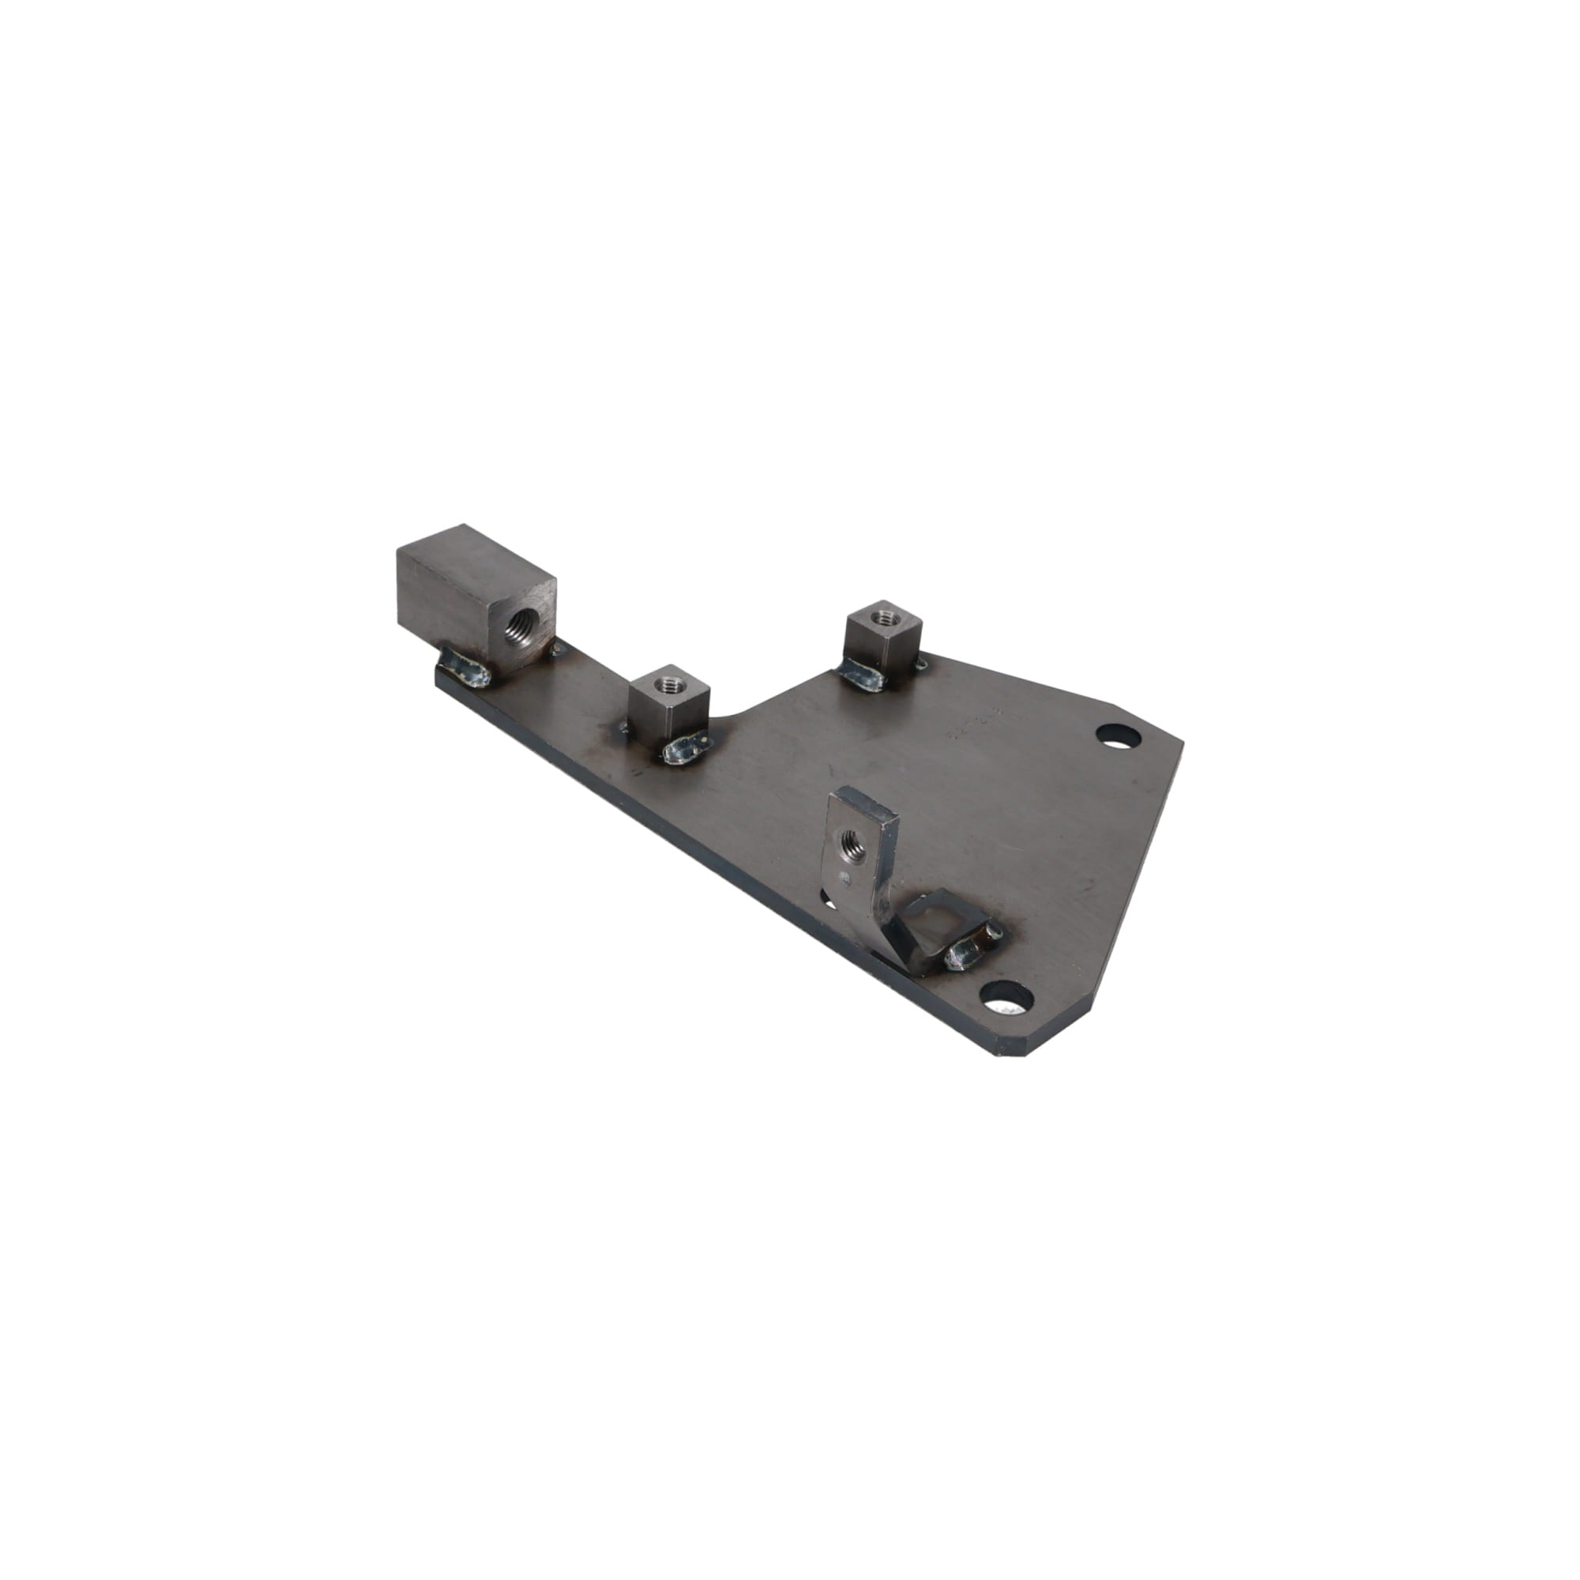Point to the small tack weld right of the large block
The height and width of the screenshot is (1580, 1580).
pos(559,650)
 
